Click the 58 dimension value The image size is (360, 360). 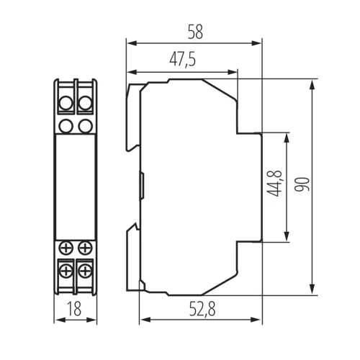[x=195, y=32]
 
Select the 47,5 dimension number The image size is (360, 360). [x=183, y=60]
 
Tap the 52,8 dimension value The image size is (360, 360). [x=202, y=309]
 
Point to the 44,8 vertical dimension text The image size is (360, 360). [x=274, y=184]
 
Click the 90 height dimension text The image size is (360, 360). [x=302, y=184]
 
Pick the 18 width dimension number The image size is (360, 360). [x=74, y=309]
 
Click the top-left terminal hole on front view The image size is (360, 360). [x=66, y=104]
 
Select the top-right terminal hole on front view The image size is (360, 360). [x=86, y=104]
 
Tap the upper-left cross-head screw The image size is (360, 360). [x=66, y=248]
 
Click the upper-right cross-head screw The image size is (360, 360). [x=85, y=248]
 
